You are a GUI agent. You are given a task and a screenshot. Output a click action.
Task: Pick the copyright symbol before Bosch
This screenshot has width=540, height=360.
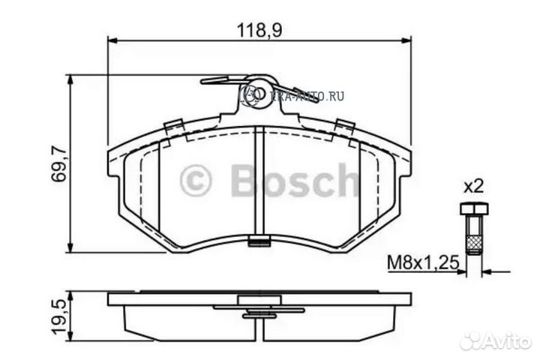pos(197,180)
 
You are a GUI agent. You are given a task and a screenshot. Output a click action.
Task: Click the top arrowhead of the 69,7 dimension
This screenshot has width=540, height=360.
pos(70,79)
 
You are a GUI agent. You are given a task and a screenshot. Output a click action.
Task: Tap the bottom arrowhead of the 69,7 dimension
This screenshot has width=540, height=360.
pos(70,249)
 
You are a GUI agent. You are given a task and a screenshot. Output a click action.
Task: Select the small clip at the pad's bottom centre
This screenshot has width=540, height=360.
pos(259,241)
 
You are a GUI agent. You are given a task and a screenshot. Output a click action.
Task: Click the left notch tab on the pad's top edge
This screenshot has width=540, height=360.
pos(174,125)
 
